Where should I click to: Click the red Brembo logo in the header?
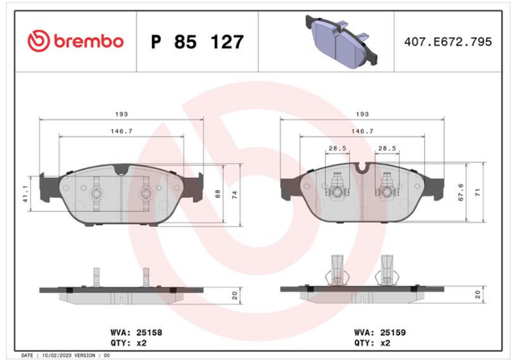click(76, 41)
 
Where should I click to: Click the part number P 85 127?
click(197, 42)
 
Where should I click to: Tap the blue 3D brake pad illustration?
click(341, 41)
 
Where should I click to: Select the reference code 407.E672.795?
click(448, 42)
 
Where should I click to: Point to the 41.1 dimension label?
click(26, 193)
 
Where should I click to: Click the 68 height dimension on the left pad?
click(217, 194)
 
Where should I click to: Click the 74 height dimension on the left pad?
click(234, 195)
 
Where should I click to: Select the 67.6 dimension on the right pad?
click(461, 192)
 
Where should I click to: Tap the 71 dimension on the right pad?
click(478, 192)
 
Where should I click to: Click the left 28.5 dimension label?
click(337, 148)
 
